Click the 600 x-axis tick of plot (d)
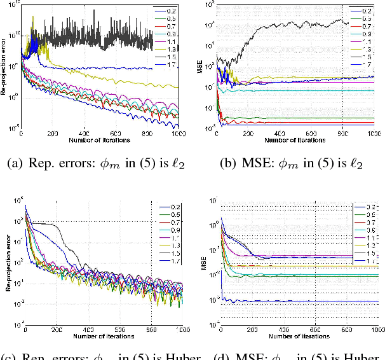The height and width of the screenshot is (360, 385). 315,330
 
